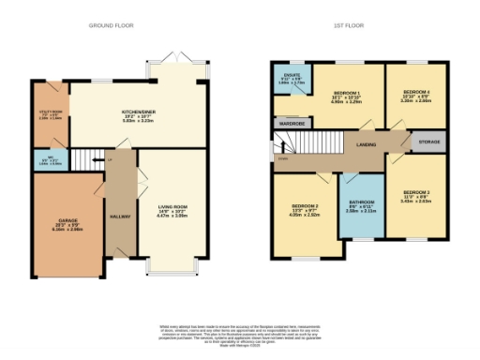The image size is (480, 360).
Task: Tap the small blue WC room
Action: [52, 158]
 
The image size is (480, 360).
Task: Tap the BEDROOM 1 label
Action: [347, 97]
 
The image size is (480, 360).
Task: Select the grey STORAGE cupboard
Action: [427, 142]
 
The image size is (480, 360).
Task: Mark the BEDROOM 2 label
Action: [307, 209]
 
